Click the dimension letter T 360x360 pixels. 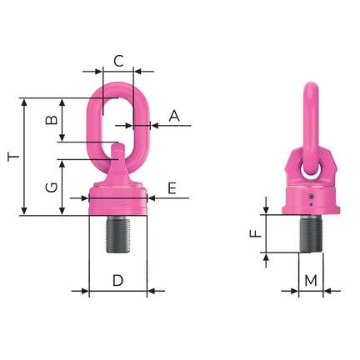click(x=12, y=157)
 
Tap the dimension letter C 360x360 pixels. click(x=118, y=60)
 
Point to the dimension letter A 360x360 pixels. click(x=173, y=117)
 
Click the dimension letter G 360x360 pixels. click(x=51, y=187)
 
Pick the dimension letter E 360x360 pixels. click(x=171, y=189)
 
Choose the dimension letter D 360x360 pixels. click(x=118, y=281)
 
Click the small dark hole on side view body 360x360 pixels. click(x=311, y=198)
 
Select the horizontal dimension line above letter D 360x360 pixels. click(x=118, y=292)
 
